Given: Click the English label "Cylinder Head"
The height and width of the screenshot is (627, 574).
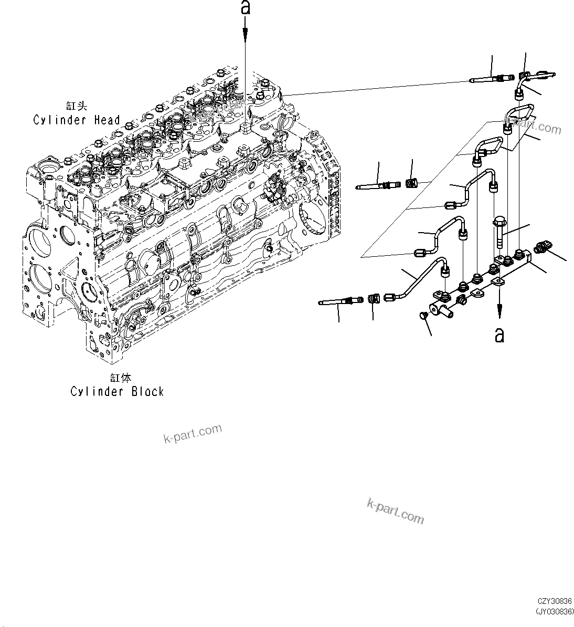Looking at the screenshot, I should [77, 120].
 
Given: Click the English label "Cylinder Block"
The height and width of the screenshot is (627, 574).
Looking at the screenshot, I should [117, 392].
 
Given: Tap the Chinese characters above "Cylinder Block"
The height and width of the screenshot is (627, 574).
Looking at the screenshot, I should [120, 378].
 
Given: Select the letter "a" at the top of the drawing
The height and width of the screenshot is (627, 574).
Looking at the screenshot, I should [246, 8].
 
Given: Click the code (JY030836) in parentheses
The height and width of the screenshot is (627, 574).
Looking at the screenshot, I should [555, 611].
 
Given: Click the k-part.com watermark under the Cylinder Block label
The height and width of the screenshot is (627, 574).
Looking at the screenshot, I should [193, 434].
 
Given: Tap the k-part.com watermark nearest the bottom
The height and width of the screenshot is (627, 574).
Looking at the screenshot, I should [395, 511].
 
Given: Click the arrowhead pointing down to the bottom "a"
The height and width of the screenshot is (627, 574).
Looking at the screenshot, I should [499, 314].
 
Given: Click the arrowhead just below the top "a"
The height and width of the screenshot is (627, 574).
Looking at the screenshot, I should [246, 33].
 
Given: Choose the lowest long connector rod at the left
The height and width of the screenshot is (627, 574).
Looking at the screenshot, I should [341, 301].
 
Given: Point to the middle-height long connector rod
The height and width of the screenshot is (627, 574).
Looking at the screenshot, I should [377, 185].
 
